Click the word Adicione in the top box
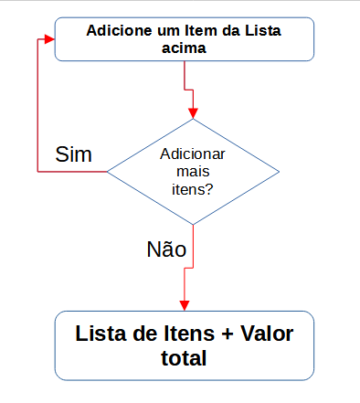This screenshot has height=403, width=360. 118,30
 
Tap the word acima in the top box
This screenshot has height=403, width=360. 185,49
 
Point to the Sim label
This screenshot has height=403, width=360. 74,154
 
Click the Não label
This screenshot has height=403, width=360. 166,249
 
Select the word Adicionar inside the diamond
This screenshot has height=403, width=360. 193,155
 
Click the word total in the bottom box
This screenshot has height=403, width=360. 185,358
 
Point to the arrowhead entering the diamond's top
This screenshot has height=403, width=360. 193,112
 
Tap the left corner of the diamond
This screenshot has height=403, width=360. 108,171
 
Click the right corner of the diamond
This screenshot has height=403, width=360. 279,171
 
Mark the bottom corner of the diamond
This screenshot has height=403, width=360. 193,225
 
